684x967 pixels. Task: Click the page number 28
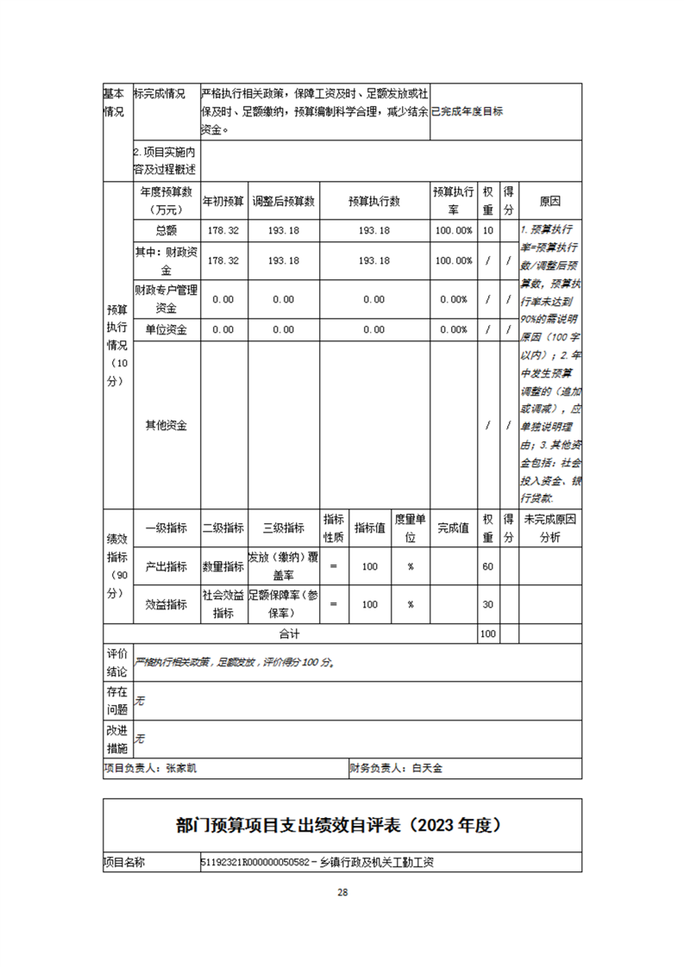pyautogui.click(x=342, y=892)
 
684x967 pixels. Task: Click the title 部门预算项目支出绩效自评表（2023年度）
pyautogui.click(x=342, y=826)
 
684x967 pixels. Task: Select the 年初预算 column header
pyautogui.click(x=223, y=202)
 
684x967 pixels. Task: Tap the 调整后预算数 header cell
pyautogui.click(x=284, y=202)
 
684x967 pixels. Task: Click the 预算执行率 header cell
pyautogui.click(x=453, y=202)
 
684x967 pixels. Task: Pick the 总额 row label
pyautogui.click(x=166, y=231)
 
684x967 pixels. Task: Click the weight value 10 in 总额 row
pyautogui.click(x=488, y=231)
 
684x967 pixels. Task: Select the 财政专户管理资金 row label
pyautogui.click(x=166, y=299)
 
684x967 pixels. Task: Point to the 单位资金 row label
pyautogui.click(x=166, y=329)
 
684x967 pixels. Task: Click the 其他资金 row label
pyautogui.click(x=166, y=426)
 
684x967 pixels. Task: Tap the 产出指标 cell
pyautogui.click(x=166, y=566)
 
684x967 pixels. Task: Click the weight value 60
pyautogui.click(x=488, y=566)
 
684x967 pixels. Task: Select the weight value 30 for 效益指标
pyautogui.click(x=488, y=604)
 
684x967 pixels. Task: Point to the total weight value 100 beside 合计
pyautogui.click(x=488, y=633)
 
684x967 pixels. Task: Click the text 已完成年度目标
pyautogui.click(x=467, y=111)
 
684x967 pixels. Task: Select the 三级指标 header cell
pyautogui.click(x=284, y=528)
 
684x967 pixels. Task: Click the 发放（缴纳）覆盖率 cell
pyautogui.click(x=284, y=566)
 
